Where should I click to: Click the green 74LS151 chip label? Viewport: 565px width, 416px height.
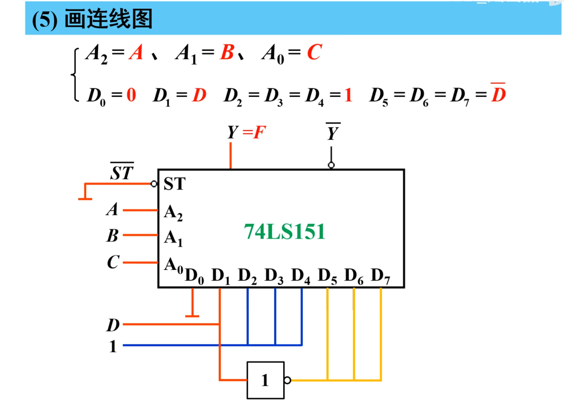click(x=284, y=232)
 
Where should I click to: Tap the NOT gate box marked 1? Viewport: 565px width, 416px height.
click(x=265, y=380)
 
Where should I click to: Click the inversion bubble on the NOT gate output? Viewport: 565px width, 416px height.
click(x=287, y=380)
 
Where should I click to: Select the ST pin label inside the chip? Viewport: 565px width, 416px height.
click(x=174, y=184)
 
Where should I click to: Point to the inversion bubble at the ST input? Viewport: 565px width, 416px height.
click(x=154, y=184)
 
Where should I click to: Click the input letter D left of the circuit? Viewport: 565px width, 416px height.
click(x=113, y=325)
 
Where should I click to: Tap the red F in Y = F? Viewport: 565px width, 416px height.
click(x=259, y=132)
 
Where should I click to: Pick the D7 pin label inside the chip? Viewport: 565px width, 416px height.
click(x=380, y=276)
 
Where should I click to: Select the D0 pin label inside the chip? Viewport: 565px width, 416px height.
click(x=194, y=276)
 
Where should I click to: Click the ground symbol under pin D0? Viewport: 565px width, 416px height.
click(x=192, y=316)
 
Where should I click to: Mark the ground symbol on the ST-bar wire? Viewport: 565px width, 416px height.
click(x=85, y=198)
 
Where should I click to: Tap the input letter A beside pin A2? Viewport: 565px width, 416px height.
click(x=112, y=209)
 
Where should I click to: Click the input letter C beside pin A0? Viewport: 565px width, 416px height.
click(x=113, y=262)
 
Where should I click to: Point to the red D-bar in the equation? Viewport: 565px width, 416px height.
click(x=498, y=94)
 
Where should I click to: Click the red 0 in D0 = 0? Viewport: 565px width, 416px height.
click(x=131, y=95)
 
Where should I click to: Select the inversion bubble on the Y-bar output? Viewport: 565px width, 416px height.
click(x=331, y=165)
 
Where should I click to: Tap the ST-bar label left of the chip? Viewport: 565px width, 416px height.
click(x=122, y=172)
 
